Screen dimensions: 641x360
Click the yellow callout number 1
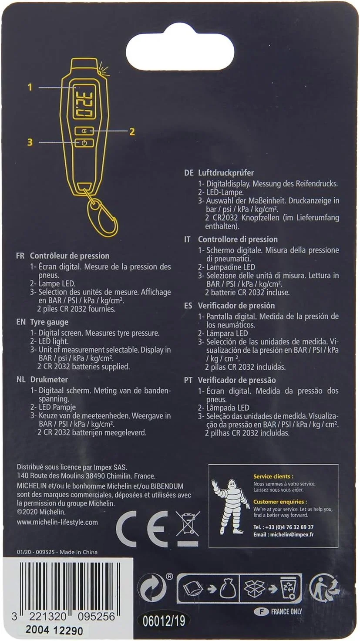[x=30, y=88]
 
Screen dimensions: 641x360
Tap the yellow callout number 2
[x=132, y=131]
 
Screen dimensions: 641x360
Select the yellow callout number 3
[x=30, y=142]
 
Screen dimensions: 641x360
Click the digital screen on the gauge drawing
[x=84, y=101]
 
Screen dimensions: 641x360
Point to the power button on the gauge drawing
[x=84, y=143]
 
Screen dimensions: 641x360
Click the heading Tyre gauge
[x=49, y=322]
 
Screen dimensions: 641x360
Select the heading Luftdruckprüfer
[x=225, y=173]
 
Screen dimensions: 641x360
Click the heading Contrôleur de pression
[x=69, y=256]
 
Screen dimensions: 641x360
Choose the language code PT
[x=188, y=380]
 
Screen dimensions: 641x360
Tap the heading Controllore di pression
[x=237, y=239]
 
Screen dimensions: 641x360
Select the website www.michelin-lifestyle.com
[x=57, y=522]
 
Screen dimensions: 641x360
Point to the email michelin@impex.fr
[x=291, y=534]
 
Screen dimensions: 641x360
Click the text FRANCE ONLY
[x=286, y=611]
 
